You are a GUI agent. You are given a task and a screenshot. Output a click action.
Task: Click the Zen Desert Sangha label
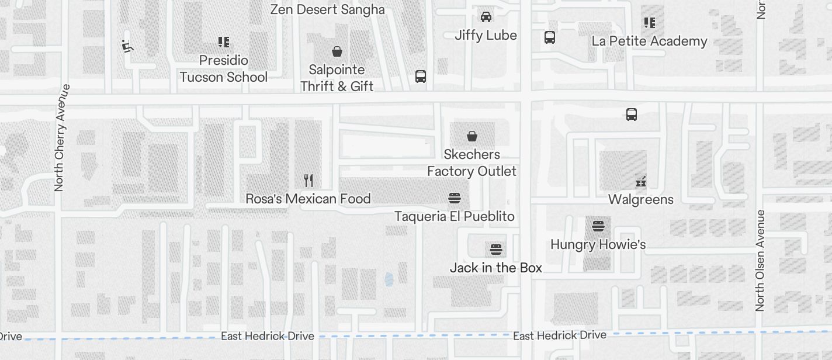click(327, 9)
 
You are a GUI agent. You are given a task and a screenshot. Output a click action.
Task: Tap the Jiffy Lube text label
click(486, 35)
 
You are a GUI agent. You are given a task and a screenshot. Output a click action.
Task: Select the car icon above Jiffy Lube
click(486, 16)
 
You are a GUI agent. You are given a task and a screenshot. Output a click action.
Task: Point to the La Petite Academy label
click(649, 41)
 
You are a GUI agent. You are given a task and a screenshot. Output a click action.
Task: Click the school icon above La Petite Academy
click(649, 23)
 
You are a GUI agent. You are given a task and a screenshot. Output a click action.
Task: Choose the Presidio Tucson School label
click(223, 68)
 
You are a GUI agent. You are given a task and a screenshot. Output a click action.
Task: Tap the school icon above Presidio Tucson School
click(223, 41)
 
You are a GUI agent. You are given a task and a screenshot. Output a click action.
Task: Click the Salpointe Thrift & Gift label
click(337, 78)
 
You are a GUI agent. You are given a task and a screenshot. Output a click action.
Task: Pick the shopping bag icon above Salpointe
click(337, 51)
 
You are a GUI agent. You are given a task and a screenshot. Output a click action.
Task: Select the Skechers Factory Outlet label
click(472, 162)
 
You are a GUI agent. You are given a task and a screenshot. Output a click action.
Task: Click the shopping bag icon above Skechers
click(472, 136)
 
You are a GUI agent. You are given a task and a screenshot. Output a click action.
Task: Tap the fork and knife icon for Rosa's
click(308, 180)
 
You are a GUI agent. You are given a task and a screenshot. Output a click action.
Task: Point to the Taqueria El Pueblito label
click(454, 216)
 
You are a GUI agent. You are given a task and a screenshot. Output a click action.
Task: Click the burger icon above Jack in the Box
click(495, 250)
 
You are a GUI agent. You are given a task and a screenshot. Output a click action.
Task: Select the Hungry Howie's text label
click(598, 244)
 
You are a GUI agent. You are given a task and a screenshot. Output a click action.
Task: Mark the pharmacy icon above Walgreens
click(640, 181)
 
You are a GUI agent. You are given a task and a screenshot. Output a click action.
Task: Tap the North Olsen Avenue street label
click(760, 260)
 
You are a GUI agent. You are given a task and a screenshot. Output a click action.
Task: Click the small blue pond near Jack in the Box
click(389, 280)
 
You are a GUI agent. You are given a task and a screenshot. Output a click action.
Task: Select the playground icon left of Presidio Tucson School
click(127, 46)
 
